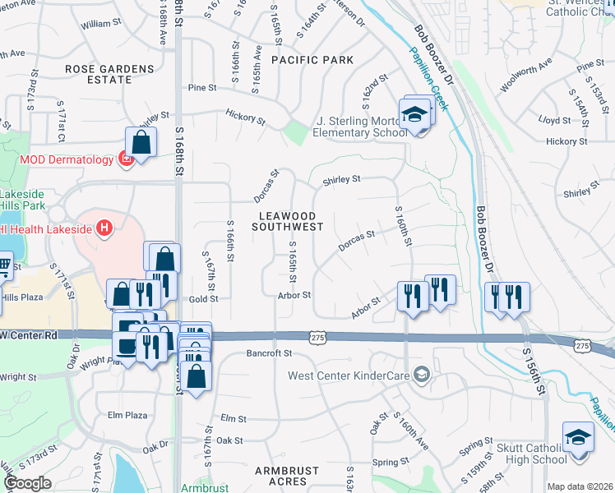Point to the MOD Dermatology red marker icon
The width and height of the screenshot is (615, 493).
pos(126,159)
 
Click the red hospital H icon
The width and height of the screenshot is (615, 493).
pos(104,228)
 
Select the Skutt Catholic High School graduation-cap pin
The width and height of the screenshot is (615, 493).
pos(577,437)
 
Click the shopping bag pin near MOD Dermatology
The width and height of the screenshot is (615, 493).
pos(141,141)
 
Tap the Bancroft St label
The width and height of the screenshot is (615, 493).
pos(270,353)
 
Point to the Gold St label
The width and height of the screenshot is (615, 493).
pos(202,300)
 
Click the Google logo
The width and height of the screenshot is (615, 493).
pos(27,483)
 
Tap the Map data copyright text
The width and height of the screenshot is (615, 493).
pos(580,486)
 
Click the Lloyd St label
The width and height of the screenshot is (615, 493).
pos(548,120)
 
